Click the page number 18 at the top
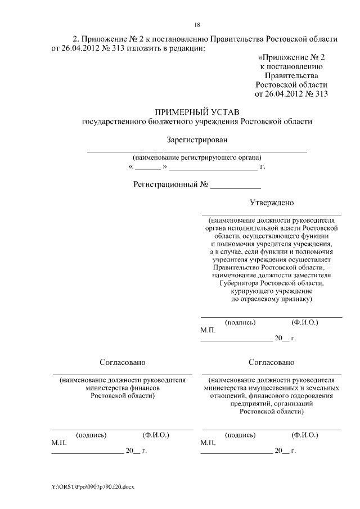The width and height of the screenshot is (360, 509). pyautogui.click(x=197, y=25)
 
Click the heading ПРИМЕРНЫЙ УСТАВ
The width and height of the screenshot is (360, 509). pyautogui.click(x=196, y=111)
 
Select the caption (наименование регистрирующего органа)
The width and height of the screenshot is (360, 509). pyautogui.click(x=196, y=157)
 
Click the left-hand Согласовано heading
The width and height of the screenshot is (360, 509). pyautogui.click(x=123, y=362)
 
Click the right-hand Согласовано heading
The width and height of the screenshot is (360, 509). pyautogui.click(x=272, y=362)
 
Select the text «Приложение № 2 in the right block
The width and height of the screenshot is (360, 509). pyautogui.click(x=291, y=57)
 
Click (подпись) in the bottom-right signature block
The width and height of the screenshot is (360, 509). pyautogui.click(x=240, y=435)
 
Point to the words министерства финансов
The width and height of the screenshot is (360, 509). pyautogui.click(x=123, y=388)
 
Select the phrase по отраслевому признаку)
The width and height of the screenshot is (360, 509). pyautogui.click(x=272, y=300)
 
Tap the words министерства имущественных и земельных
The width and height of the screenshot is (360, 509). pyautogui.click(x=272, y=388)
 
